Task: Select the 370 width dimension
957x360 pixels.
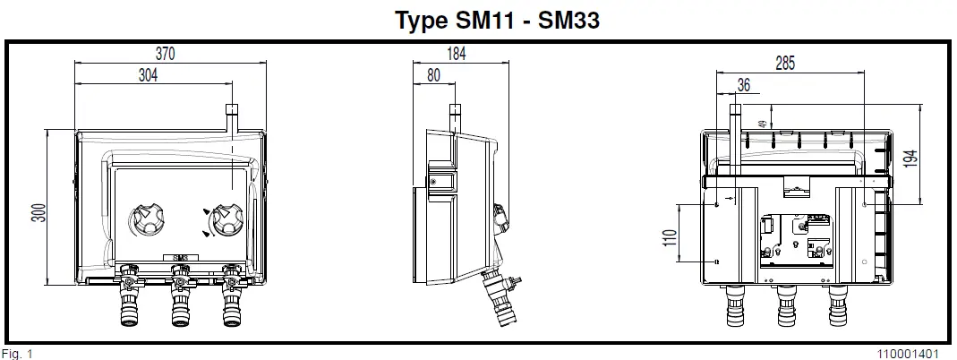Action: pyautogui.click(x=166, y=54)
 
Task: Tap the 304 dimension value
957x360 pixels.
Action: pyautogui.click(x=148, y=76)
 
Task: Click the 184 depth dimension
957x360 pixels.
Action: pyautogui.click(x=456, y=54)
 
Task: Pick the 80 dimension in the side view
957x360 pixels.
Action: pyautogui.click(x=433, y=76)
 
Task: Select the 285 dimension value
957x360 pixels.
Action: pyautogui.click(x=784, y=64)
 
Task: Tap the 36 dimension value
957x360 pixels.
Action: pyautogui.click(x=743, y=85)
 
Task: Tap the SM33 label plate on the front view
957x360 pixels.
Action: pyautogui.click(x=180, y=259)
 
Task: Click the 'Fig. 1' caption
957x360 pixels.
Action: pyautogui.click(x=17, y=353)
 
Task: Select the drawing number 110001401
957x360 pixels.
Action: pyautogui.click(x=909, y=353)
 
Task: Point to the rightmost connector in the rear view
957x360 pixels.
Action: pyautogui.click(x=838, y=304)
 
